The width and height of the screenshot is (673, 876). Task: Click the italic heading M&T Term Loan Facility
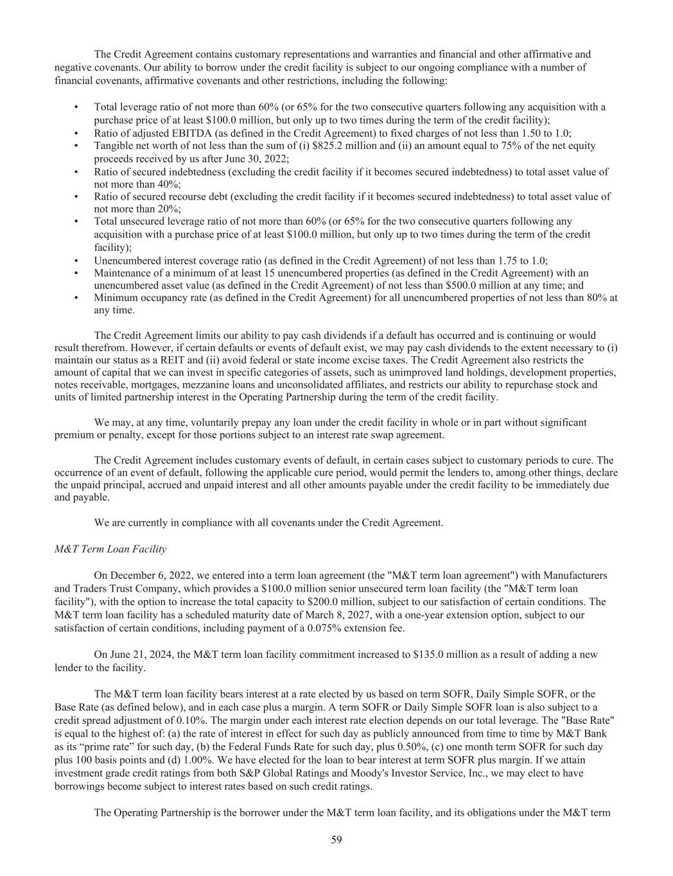(110, 549)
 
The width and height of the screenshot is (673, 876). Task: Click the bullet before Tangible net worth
(77, 146)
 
